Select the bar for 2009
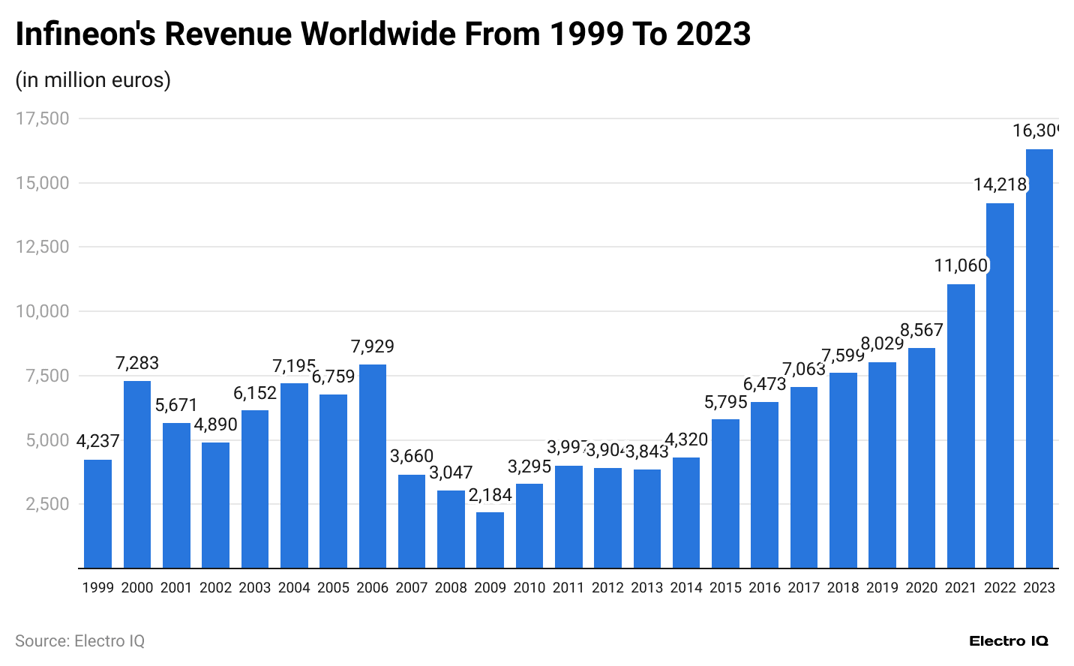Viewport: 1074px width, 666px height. tap(490, 540)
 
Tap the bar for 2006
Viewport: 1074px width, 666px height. tap(373, 466)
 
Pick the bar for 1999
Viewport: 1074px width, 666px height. tap(97, 514)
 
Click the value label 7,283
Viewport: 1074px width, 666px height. tap(137, 364)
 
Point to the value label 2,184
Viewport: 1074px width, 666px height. tap(490, 495)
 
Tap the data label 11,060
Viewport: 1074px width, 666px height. tap(961, 265)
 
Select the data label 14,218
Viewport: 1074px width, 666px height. tap(1000, 184)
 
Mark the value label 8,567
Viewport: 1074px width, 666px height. tap(922, 331)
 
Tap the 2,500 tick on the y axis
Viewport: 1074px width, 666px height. tap(48, 504)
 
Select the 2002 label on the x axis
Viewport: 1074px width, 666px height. tap(215, 588)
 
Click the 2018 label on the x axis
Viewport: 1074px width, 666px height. tap(843, 588)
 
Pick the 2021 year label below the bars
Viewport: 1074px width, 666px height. tap(961, 588)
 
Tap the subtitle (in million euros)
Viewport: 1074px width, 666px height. tap(93, 79)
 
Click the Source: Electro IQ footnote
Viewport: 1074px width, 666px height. tap(79, 641)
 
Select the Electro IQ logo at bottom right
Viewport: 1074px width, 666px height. tap(1009, 641)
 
